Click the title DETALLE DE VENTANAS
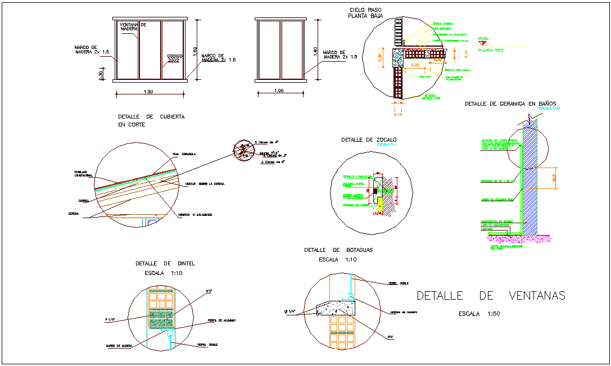pos(491,296)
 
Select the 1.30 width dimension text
pos(148,92)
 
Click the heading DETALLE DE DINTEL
pos(165,263)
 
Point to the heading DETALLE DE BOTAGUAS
pos(338,250)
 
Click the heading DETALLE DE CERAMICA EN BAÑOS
pos(510,104)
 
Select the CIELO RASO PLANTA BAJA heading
pos(365,13)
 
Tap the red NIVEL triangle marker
pos(481,43)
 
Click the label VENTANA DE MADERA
pos(133,26)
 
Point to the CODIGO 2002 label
pos(175,58)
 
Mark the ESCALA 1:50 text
pos(479,314)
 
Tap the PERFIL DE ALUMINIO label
pos(221,320)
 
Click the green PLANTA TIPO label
pos(488,50)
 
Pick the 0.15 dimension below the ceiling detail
pos(398,115)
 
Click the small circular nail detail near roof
pos(243,150)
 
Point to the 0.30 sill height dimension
pos(101,74)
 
